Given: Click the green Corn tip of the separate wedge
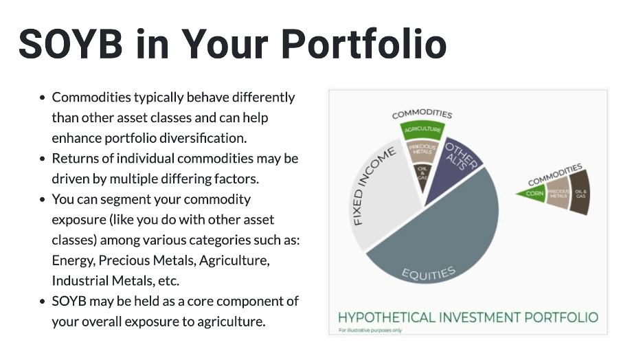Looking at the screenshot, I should [533, 194].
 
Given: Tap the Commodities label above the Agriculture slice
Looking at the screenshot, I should [422, 113].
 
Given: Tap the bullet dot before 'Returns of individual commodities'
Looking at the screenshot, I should [43, 159].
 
